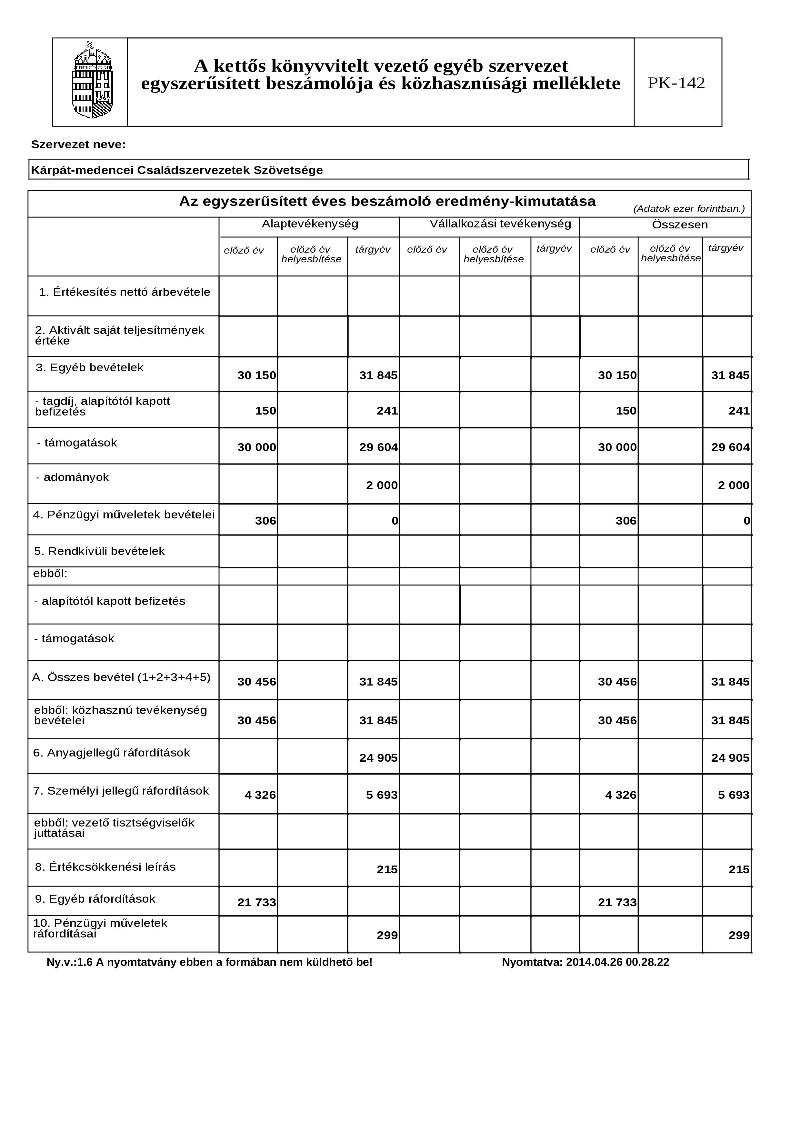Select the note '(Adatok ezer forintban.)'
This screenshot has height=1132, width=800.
point(689,208)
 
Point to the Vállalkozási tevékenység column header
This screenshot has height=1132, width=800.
point(500,224)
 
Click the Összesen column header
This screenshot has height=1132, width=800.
point(680,225)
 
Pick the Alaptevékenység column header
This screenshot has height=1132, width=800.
point(310,224)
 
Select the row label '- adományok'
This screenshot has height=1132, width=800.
point(73,477)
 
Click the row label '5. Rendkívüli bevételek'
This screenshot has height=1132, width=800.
point(99,551)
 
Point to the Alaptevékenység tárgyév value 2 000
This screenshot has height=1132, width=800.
point(382,485)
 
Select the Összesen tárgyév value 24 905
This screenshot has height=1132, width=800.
point(730,758)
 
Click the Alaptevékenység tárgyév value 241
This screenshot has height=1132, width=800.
point(387,411)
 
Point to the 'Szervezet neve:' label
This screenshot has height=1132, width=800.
point(78,145)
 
